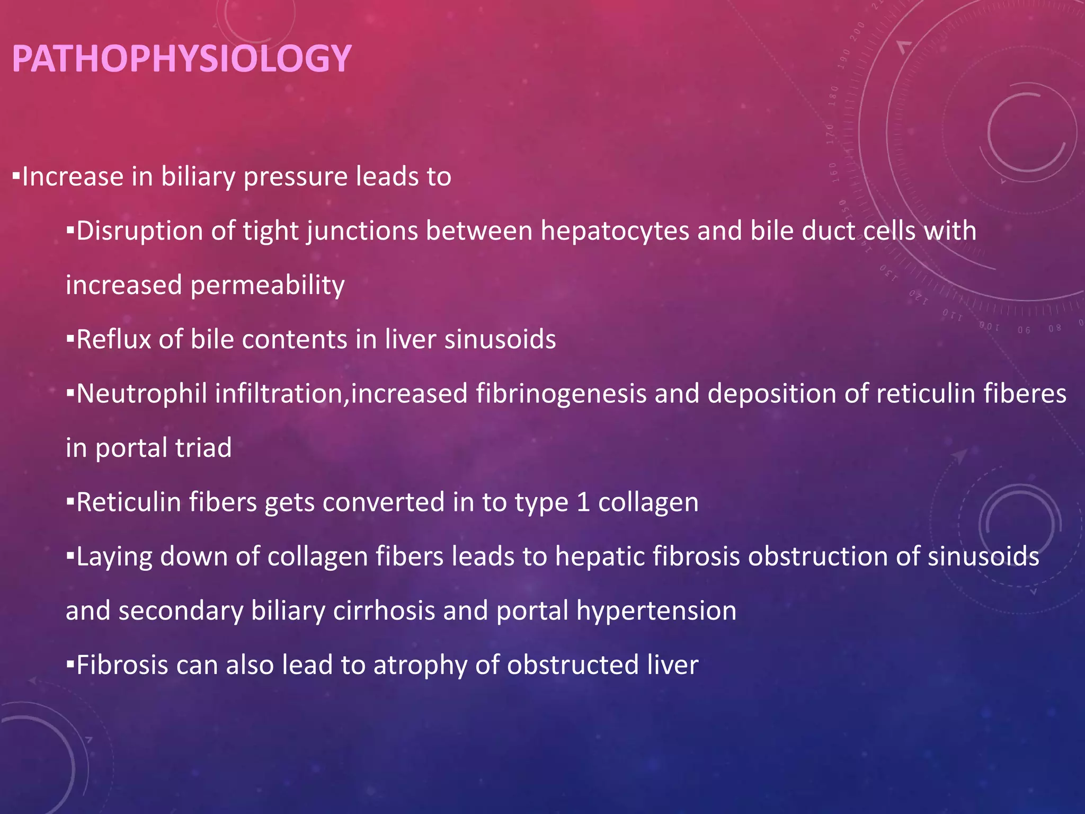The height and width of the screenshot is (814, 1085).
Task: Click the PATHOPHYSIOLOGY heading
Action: [181, 58]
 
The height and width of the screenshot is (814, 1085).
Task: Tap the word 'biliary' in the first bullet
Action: [198, 176]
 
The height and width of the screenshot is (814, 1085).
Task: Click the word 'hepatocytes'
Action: [615, 231]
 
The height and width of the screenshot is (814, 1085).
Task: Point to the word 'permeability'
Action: [268, 286]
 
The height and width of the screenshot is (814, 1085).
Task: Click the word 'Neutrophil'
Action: [141, 394]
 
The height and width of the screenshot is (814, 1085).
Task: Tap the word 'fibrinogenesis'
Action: [561, 394]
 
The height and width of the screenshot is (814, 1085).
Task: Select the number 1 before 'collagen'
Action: [583, 502]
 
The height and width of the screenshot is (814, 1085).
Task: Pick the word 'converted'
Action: [384, 502]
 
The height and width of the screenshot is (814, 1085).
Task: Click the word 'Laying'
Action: [114, 557]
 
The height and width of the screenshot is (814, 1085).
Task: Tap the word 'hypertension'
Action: [656, 611]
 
